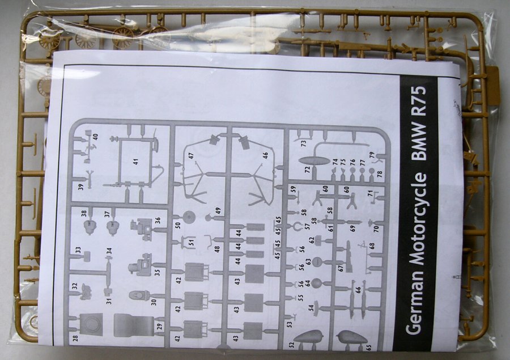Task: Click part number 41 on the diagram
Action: click(135, 162)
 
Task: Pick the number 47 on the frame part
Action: click(192, 155)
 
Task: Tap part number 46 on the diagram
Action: click(265, 154)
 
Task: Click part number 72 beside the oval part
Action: click(307, 169)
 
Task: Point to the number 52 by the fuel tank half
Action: click(291, 344)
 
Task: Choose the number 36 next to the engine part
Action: click(158, 221)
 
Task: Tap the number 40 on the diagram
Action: click(95, 137)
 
